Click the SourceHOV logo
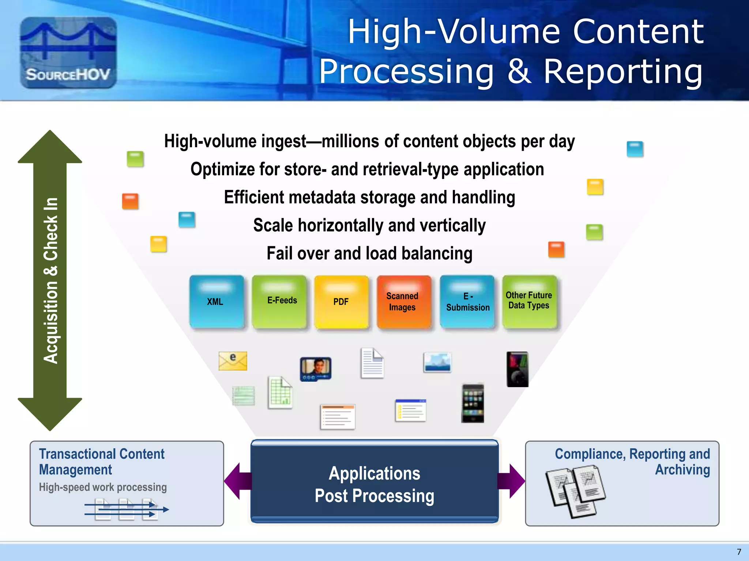[x=68, y=53]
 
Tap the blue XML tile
[x=216, y=302]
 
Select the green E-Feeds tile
[x=279, y=302]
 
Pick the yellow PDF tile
[x=341, y=302]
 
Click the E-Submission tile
[x=467, y=302]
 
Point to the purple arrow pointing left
[x=237, y=481]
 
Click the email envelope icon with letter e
[x=233, y=361]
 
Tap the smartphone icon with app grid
[x=473, y=404]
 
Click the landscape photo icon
[x=437, y=362]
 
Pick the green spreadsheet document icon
[x=280, y=393]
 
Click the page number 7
[x=739, y=552]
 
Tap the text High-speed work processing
[x=103, y=487]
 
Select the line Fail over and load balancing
[x=369, y=253]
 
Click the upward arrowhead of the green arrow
[x=50, y=148]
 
